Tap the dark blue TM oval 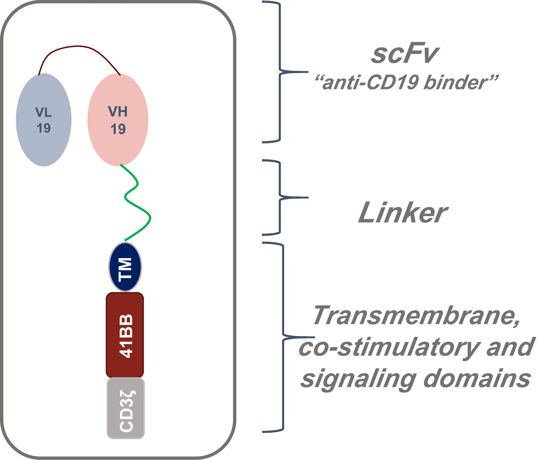(x=125, y=267)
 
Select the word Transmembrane (x=416, y=316)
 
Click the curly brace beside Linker (x=280, y=197)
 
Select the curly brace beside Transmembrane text (x=283, y=337)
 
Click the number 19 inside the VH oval (x=118, y=129)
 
